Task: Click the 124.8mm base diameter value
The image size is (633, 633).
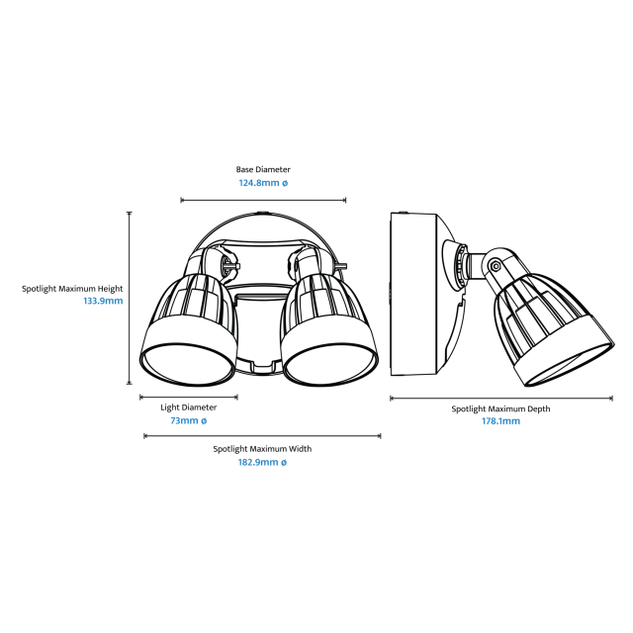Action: pyautogui.click(x=263, y=183)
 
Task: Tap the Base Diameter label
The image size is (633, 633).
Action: pyautogui.click(x=263, y=169)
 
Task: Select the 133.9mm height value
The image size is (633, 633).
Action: pyautogui.click(x=103, y=301)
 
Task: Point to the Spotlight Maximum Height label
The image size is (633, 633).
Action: pyautogui.click(x=72, y=289)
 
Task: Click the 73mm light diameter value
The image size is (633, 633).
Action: pyautogui.click(x=189, y=420)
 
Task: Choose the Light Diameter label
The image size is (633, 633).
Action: pyautogui.click(x=189, y=407)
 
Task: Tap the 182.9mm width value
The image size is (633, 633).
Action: pyautogui.click(x=262, y=462)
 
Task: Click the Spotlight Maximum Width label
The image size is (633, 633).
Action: pyautogui.click(x=262, y=449)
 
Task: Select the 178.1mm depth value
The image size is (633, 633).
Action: pyautogui.click(x=501, y=421)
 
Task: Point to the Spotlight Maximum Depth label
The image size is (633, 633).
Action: pyautogui.click(x=501, y=408)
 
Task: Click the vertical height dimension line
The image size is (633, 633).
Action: pyautogui.click(x=130, y=298)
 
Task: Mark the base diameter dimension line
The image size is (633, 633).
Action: pyautogui.click(x=263, y=200)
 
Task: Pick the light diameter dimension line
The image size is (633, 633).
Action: pyautogui.click(x=189, y=398)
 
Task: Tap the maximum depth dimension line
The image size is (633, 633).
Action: pyautogui.click(x=501, y=399)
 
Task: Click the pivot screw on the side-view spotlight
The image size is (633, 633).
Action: pyautogui.click(x=496, y=266)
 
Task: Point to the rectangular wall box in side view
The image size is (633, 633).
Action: pyautogui.click(x=413, y=295)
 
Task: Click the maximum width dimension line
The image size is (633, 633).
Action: pyautogui.click(x=262, y=436)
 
